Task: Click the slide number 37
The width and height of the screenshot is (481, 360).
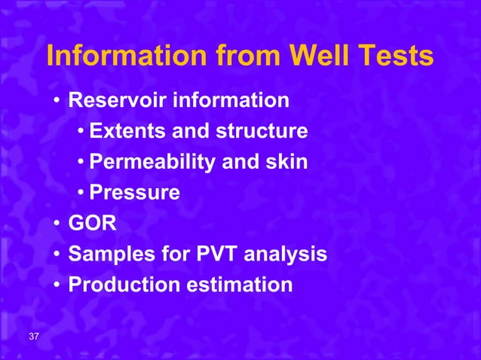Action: click(35, 336)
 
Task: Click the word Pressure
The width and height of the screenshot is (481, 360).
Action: click(134, 193)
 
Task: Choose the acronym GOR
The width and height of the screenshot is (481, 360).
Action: click(87, 224)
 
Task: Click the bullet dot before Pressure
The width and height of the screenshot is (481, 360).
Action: click(80, 194)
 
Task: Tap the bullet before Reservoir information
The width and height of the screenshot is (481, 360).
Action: click(57, 101)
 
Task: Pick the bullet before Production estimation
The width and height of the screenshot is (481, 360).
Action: click(57, 286)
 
